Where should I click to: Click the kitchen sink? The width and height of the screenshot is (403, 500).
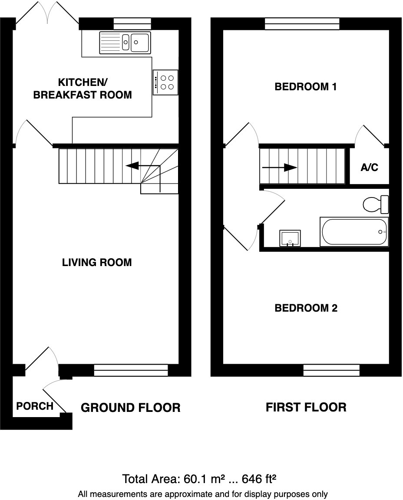[125, 42]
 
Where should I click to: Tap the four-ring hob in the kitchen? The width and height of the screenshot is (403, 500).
[165, 82]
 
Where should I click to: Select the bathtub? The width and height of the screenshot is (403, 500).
[354, 232]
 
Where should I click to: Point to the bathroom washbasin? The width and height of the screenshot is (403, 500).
[290, 238]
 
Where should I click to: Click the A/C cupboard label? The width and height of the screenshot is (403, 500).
[369, 168]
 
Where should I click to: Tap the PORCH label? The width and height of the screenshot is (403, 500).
[35, 406]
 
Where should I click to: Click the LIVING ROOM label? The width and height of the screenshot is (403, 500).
[97, 262]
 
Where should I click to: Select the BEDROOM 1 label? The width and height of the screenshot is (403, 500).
[306, 87]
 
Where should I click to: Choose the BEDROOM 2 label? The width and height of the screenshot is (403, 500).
[306, 308]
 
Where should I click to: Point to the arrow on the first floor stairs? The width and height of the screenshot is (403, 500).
[280, 167]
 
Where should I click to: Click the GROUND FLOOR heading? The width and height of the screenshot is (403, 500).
[131, 408]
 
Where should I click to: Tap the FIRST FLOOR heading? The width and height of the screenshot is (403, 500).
[306, 407]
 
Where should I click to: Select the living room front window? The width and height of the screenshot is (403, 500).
[131, 370]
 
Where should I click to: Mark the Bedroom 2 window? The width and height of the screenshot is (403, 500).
[331, 370]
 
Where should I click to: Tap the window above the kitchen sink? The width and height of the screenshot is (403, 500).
[132, 23]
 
